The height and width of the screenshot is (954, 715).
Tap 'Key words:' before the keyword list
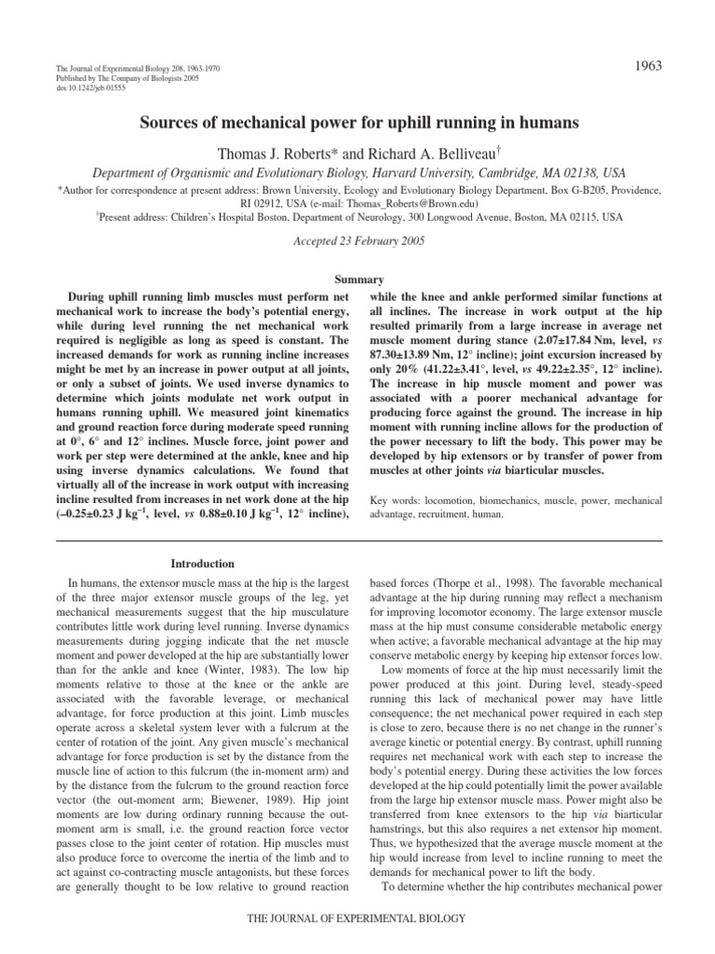[396, 499]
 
